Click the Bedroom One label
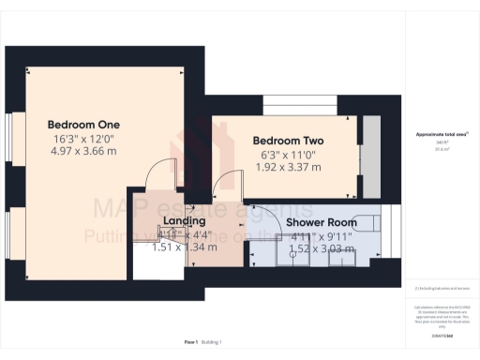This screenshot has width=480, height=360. [84, 124]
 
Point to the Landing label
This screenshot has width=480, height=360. [178, 221]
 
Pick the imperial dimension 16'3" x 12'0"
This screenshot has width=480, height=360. [84, 136]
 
